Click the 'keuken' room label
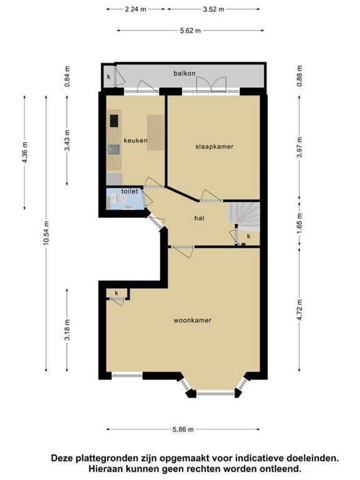(135, 140)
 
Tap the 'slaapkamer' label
(214, 147)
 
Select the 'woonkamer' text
(192, 320)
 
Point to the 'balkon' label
(184, 73)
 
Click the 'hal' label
(199, 218)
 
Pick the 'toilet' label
(129, 192)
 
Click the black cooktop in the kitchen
(114, 120)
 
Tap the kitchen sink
(114, 150)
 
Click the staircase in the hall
(244, 216)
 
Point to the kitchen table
(156, 132)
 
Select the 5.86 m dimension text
(183, 429)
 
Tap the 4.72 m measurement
(300, 310)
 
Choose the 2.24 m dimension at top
(136, 9)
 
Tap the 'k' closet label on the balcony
(108, 77)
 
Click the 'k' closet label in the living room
(116, 293)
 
